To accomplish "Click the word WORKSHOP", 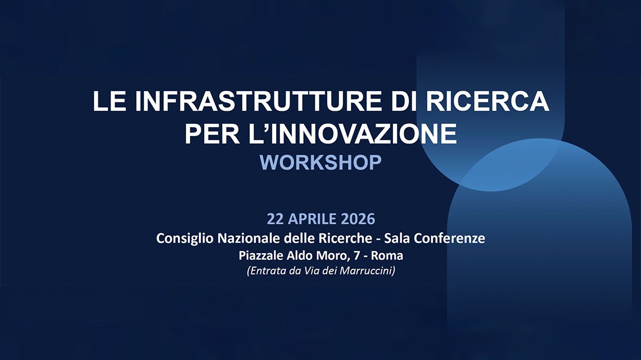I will pyautogui.click(x=320, y=163).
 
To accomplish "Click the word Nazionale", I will pyautogui.click(x=238, y=238).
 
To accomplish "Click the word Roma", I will pyautogui.click(x=387, y=255).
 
